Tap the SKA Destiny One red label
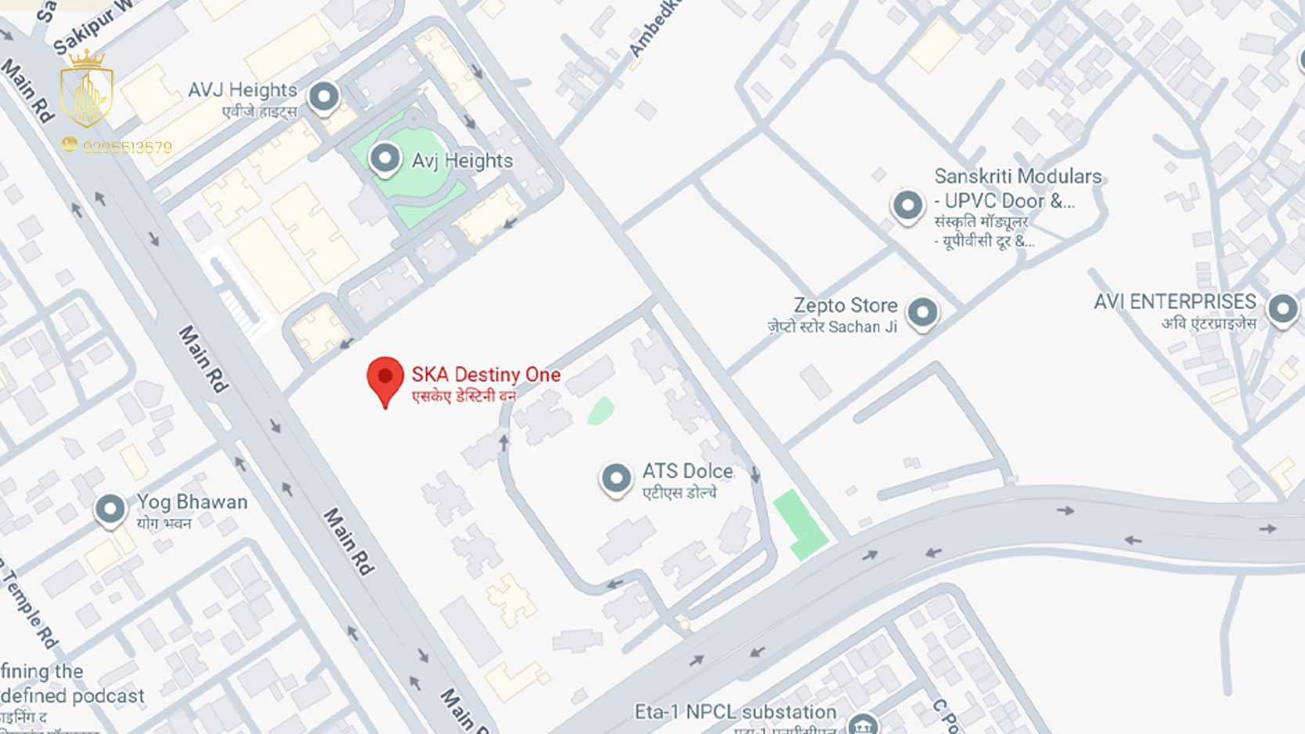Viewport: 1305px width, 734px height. coord(485,375)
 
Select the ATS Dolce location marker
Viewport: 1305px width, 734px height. coord(616,477)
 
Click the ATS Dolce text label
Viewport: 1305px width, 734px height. coord(687,471)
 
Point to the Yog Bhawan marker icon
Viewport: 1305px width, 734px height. coord(110,509)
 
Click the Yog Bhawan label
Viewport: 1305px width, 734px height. coord(192,502)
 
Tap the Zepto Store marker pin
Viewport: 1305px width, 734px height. coord(922,312)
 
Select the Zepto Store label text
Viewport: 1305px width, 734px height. coord(845,305)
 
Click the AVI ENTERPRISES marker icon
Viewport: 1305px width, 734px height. coord(1282,308)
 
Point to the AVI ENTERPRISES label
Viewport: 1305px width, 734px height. coord(1174,301)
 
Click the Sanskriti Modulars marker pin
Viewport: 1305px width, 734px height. coord(907,206)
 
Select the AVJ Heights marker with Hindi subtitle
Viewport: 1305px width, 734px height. coord(323,97)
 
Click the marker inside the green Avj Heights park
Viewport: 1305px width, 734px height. coord(384,158)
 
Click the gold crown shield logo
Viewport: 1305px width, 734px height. coord(86,90)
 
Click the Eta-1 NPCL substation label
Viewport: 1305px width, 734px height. coord(735,712)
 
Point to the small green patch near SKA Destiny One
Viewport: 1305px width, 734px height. coord(600,411)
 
